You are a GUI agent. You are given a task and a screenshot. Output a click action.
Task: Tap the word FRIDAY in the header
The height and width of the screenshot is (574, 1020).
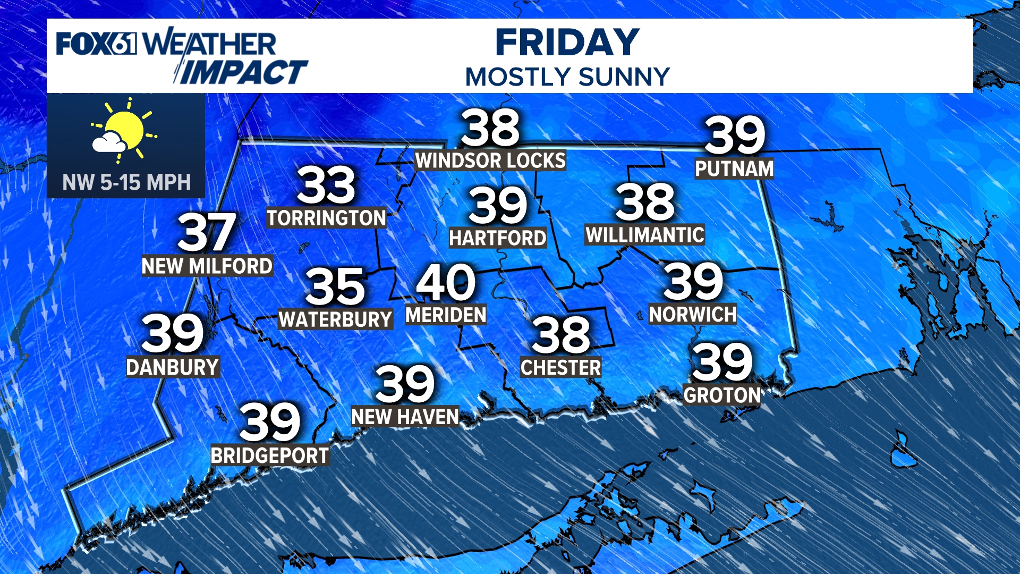point(567,43)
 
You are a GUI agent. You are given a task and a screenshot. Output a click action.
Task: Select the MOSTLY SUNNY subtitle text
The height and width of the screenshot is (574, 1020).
point(567,77)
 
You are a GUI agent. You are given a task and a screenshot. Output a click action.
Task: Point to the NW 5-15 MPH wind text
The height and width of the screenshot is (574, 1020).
point(126,183)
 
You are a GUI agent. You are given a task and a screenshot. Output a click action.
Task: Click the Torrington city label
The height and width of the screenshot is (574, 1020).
point(326,218)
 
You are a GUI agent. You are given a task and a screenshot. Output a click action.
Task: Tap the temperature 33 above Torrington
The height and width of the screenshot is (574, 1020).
point(326,185)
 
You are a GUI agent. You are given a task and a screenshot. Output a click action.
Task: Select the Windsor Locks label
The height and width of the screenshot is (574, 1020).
point(490,161)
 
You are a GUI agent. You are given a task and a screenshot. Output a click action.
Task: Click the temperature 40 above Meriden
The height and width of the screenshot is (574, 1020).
point(446,282)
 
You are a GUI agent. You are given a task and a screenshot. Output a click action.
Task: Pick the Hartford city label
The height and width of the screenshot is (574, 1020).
point(498,238)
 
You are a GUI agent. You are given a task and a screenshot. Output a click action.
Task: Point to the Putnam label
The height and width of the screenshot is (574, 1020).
point(734,169)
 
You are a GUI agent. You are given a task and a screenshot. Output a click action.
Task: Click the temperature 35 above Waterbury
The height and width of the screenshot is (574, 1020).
point(335,286)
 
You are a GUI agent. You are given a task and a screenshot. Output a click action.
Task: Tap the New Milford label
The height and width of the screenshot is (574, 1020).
point(207,266)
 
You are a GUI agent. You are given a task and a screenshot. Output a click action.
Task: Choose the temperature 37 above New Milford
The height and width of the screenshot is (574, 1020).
point(207,232)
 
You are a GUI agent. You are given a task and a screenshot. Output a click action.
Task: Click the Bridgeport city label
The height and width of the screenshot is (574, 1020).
point(270,456)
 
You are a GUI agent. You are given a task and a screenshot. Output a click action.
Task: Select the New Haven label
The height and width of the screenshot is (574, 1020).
point(405,417)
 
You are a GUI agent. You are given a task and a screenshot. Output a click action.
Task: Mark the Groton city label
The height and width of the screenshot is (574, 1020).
point(722,395)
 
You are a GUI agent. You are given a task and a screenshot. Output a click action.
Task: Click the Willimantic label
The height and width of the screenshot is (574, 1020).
point(645,235)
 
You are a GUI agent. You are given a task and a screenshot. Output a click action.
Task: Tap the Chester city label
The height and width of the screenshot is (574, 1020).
point(561,368)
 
